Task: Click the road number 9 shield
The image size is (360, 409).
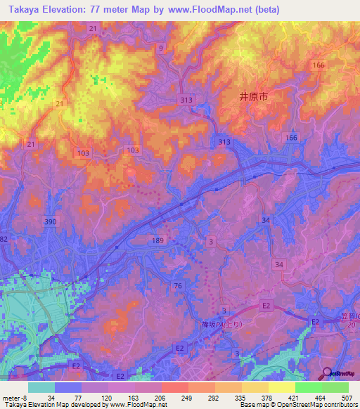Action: coord(161,48)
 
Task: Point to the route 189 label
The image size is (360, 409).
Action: coord(157,240)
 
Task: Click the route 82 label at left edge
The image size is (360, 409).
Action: coord(4,239)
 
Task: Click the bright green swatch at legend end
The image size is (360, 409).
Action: coord(335,387)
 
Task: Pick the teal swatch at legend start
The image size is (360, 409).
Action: coord(41,387)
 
